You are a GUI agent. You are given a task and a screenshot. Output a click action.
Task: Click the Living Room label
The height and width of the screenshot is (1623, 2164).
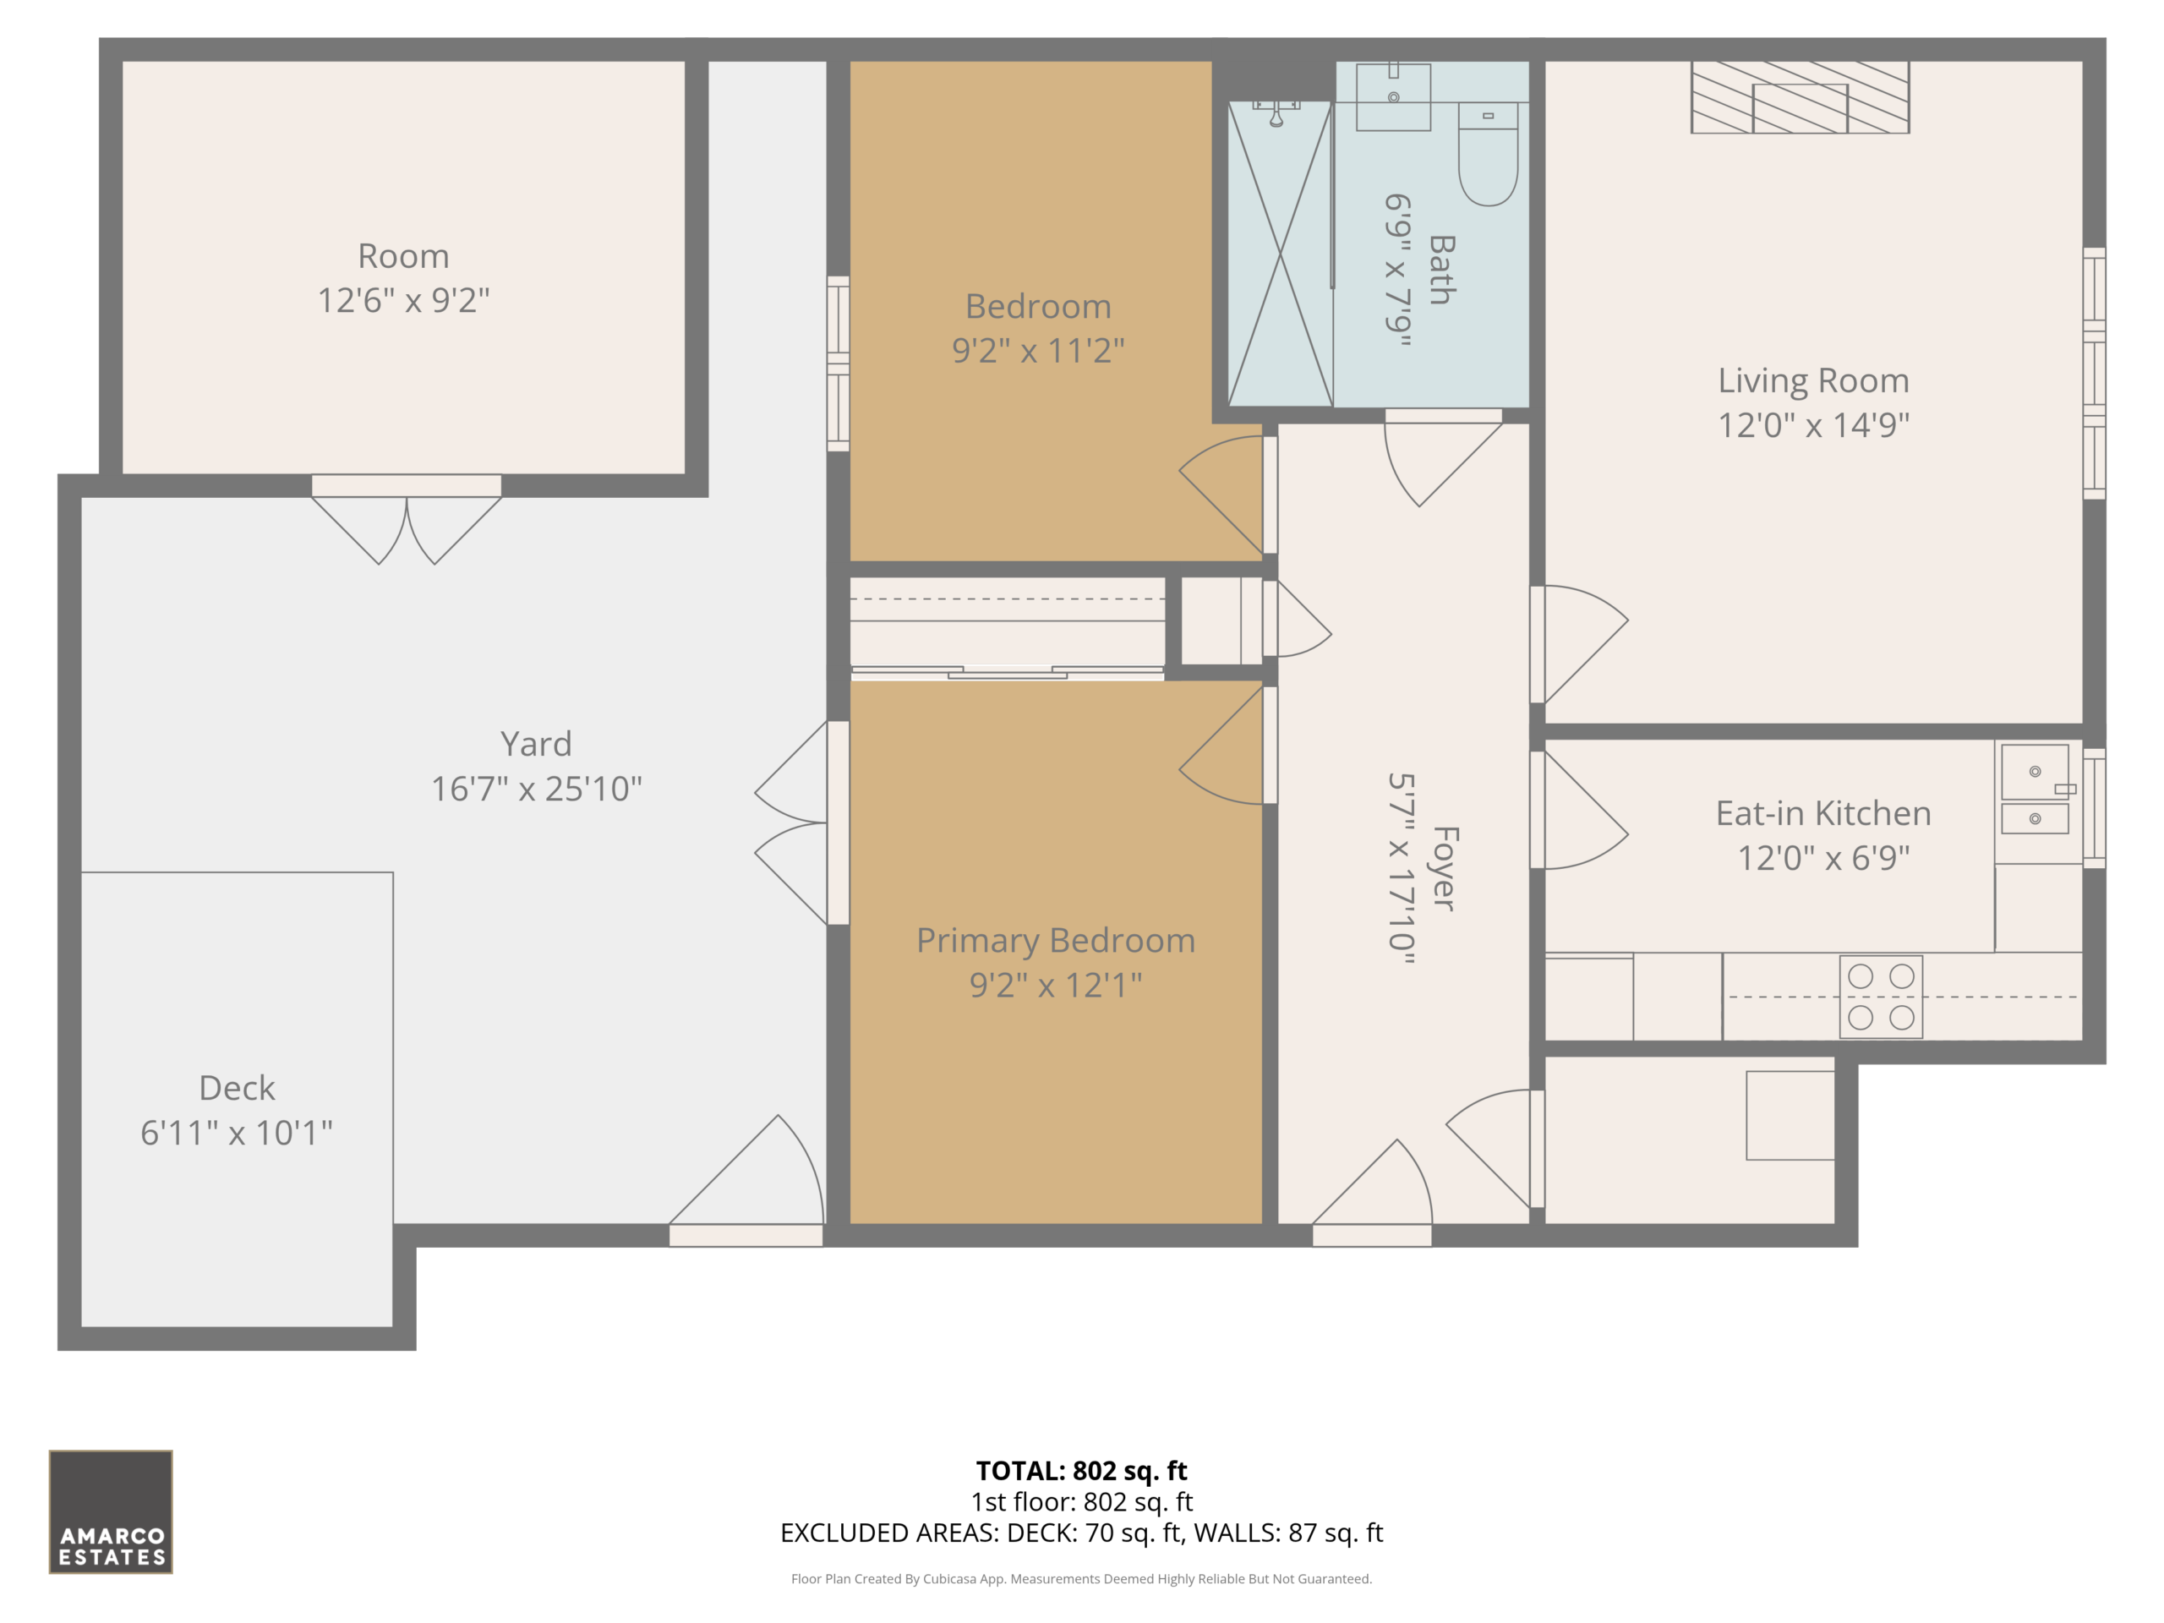[1813, 380]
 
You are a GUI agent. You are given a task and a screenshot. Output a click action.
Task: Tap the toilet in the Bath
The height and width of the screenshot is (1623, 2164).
[1488, 154]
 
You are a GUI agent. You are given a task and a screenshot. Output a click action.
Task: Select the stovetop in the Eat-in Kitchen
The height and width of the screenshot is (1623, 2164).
[1880, 997]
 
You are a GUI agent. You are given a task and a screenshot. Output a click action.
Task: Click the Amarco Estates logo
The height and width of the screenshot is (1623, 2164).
[111, 1511]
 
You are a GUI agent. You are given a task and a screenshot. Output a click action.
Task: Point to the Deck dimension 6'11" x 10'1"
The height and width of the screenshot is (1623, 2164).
[237, 1133]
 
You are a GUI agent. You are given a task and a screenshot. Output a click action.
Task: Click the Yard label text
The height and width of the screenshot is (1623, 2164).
[536, 745]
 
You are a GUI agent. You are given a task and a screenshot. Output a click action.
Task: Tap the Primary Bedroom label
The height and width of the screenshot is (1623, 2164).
[1056, 941]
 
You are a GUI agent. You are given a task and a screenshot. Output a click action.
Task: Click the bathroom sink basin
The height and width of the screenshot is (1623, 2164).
[1393, 97]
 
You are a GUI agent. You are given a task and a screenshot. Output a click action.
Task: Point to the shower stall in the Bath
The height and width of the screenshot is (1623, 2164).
[1280, 254]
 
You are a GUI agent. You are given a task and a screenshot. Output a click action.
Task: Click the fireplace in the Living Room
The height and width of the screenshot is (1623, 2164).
[1800, 97]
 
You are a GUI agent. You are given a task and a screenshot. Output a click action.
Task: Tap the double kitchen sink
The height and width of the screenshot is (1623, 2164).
[2035, 789]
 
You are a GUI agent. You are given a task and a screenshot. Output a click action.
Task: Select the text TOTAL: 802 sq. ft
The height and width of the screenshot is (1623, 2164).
[1081, 1470]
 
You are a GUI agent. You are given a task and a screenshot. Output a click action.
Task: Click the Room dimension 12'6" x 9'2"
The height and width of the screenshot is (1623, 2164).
[403, 300]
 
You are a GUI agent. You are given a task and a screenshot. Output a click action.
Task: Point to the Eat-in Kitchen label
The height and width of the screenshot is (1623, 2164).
[1823, 814]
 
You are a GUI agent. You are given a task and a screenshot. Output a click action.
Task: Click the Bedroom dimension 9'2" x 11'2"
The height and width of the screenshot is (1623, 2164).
[1038, 350]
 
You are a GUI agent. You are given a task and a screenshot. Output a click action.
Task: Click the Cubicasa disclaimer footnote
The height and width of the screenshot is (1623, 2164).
[1081, 1579]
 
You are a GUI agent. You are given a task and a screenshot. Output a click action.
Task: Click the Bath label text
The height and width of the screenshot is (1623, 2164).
[1442, 270]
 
